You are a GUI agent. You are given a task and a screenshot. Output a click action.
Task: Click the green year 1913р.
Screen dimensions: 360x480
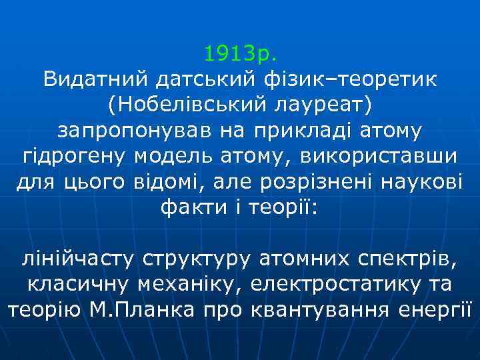[240, 52]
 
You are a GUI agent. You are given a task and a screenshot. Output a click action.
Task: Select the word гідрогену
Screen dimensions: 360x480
[75, 156]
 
